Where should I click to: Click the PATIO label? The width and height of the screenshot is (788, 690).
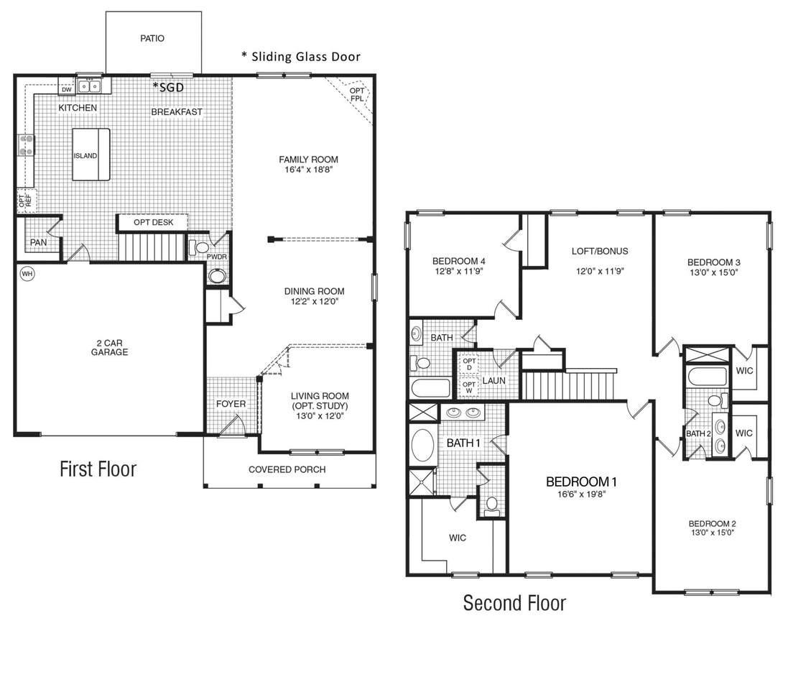(x=152, y=38)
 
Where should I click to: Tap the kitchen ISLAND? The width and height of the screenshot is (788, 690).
(x=91, y=155)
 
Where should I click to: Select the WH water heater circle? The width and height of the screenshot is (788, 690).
(x=27, y=274)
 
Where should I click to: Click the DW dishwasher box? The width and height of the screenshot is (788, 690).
(x=67, y=90)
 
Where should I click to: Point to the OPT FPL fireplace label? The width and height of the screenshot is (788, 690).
(x=357, y=95)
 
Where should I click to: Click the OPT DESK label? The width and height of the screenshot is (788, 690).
(x=153, y=222)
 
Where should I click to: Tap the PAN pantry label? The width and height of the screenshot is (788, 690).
(x=38, y=242)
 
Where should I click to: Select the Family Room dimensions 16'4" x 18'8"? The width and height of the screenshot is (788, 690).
(x=309, y=170)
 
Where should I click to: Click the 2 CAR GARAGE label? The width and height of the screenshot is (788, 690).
(x=110, y=347)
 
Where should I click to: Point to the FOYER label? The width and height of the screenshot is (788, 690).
(x=231, y=404)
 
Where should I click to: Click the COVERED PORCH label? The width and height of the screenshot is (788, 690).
(x=287, y=469)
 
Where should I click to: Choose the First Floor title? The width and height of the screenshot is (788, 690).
(x=98, y=469)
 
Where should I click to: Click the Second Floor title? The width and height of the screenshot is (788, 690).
(x=514, y=602)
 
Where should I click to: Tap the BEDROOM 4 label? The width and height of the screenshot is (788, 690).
(x=459, y=261)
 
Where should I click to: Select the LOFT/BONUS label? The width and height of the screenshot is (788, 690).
(x=600, y=251)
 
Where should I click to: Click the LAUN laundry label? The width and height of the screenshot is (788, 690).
(x=494, y=381)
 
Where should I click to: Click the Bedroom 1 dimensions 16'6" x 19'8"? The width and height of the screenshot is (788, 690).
(x=581, y=494)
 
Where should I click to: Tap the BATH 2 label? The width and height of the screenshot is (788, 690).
(x=698, y=433)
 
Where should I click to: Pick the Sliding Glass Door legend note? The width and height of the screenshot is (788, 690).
(x=301, y=56)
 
